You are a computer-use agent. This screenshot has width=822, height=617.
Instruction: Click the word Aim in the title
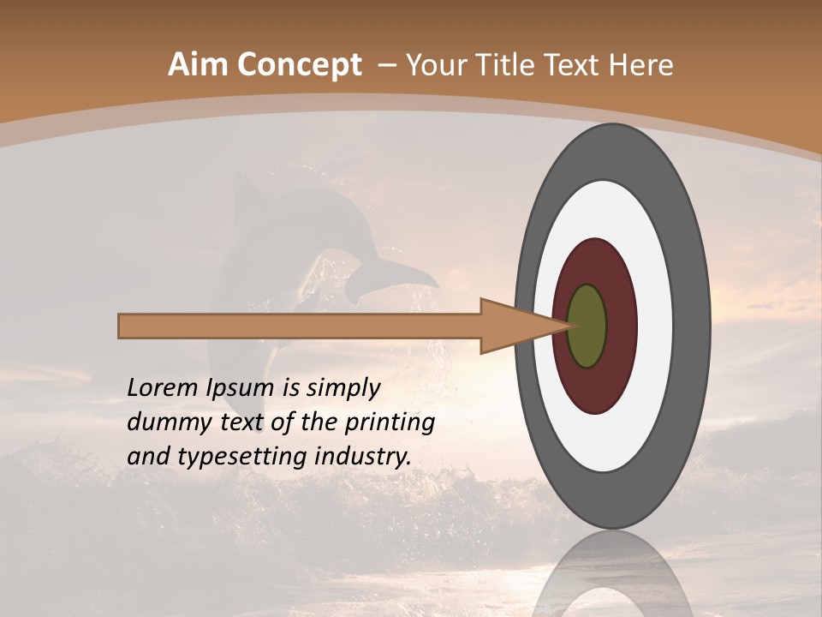tap(199, 65)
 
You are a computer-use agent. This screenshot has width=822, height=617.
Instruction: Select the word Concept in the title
tap(299, 65)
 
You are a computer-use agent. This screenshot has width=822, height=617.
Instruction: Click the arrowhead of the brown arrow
tap(514, 326)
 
